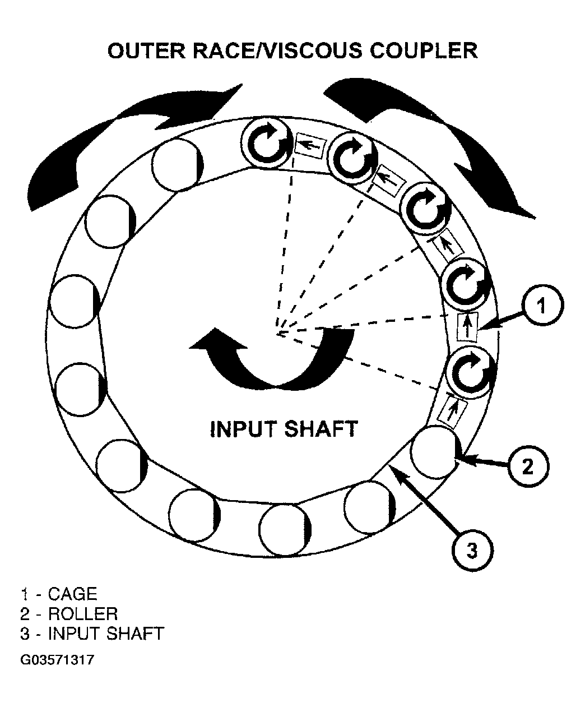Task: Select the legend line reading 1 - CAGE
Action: pos(59,594)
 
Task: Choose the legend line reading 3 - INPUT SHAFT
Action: pos(92,633)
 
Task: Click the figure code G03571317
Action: pos(57,660)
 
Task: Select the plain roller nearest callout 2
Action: pos(435,452)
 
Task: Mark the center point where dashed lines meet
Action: pos(278,334)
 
